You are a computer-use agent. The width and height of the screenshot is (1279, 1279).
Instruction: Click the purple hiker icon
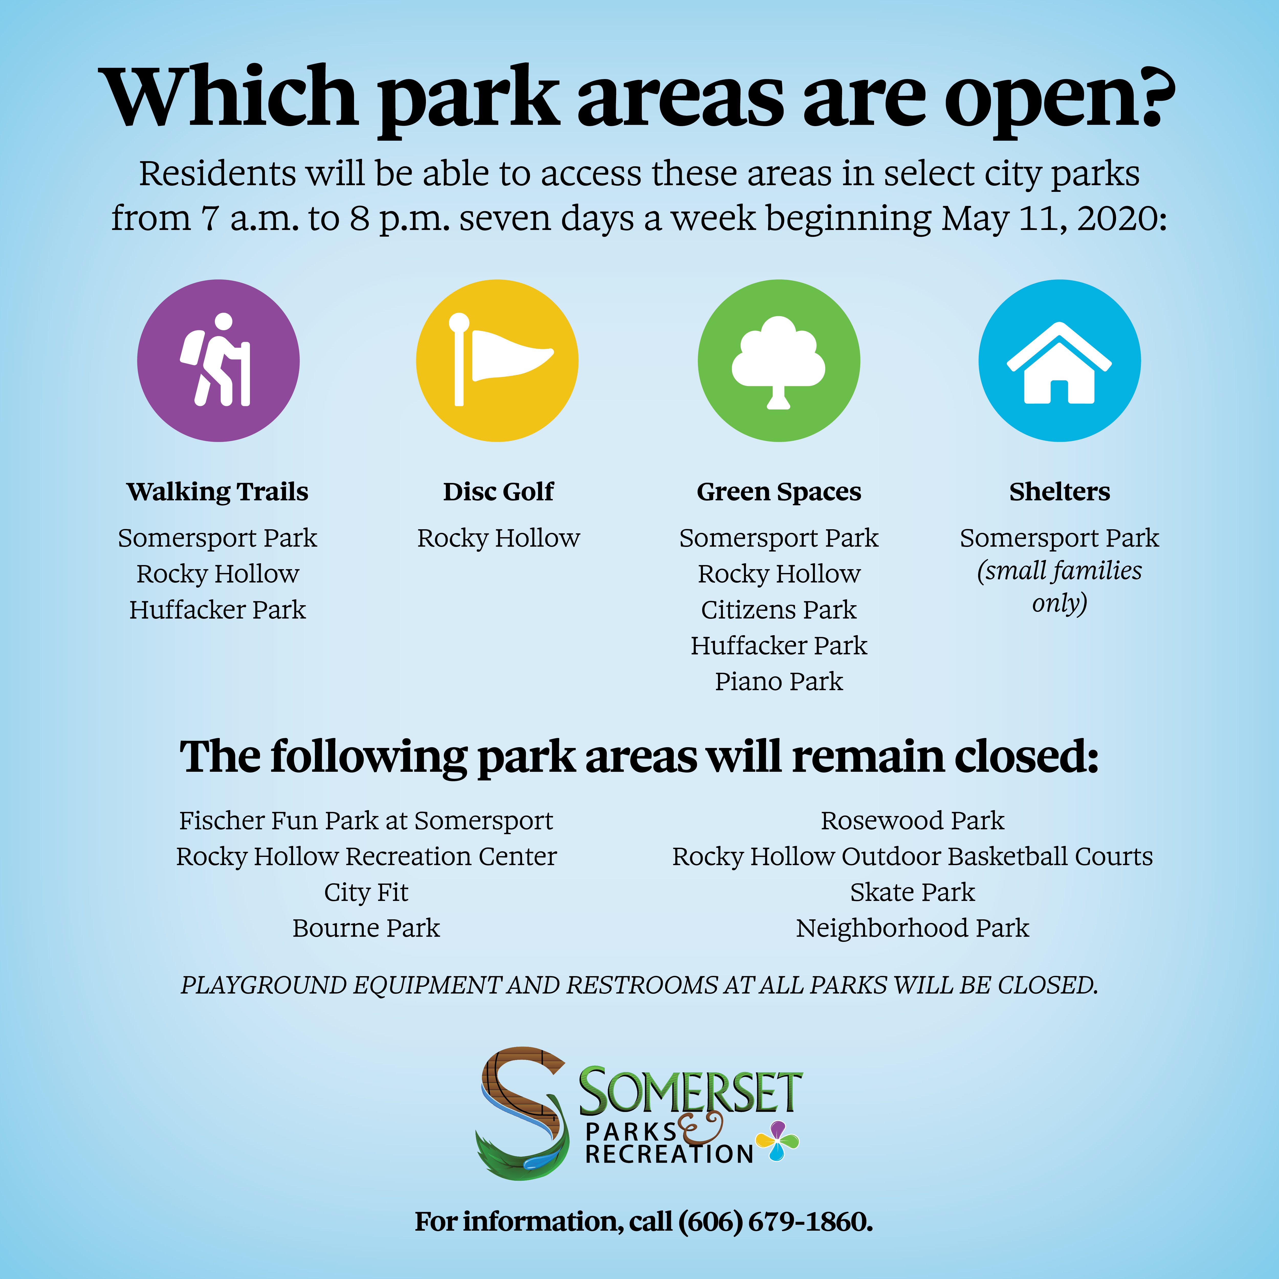point(218,361)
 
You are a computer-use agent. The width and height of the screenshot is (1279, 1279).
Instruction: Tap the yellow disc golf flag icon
point(497,361)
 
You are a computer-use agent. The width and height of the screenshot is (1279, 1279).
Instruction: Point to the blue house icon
point(1060,361)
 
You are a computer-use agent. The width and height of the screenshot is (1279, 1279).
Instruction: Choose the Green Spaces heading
point(779,492)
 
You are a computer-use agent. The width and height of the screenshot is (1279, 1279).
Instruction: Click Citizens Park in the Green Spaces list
point(779,610)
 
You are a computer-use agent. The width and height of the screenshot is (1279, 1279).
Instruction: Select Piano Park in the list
point(779,681)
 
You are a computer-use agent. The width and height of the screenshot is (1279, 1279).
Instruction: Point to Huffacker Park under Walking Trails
point(218,610)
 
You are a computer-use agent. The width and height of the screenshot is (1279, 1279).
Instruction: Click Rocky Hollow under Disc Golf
point(499,538)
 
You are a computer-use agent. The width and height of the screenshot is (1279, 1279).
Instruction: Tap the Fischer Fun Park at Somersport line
point(366,821)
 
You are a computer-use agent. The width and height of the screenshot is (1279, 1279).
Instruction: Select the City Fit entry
point(366,892)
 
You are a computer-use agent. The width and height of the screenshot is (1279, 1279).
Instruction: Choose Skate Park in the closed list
point(913,892)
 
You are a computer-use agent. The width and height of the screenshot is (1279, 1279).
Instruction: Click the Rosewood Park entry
point(913,821)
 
